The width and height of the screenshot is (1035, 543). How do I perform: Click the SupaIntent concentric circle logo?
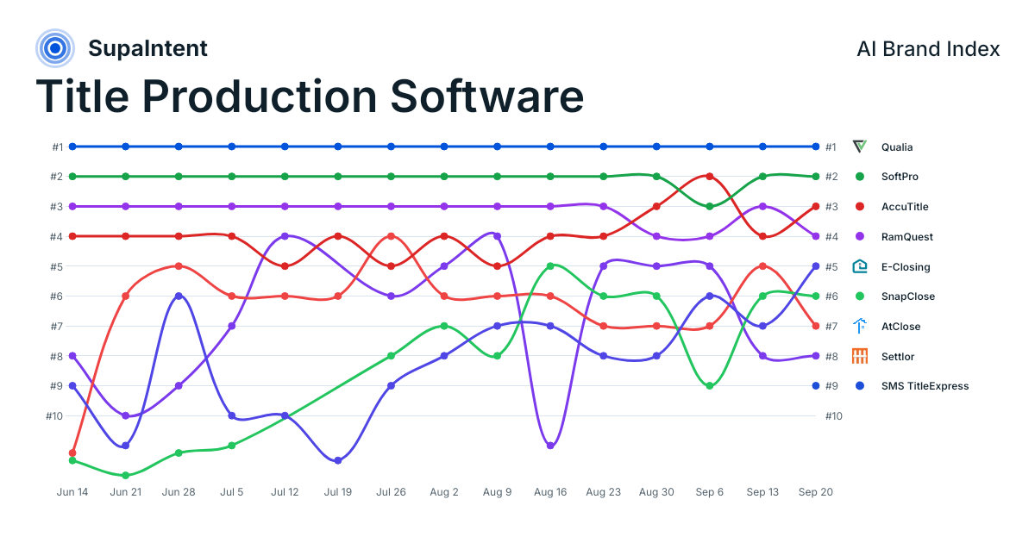point(55,48)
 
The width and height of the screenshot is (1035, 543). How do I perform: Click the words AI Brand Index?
point(928,49)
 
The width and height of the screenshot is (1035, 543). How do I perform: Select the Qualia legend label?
point(897,147)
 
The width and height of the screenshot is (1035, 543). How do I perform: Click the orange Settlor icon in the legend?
point(859,356)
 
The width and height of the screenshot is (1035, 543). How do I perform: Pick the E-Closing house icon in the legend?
point(859,266)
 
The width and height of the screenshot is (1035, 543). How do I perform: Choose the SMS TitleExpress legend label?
point(925,386)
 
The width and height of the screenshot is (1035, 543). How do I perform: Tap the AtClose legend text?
point(900,327)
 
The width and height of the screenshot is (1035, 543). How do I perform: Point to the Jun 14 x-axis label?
point(72,492)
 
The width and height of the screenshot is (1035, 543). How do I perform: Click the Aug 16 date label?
point(550,492)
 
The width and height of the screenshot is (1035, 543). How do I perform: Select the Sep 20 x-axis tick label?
point(816,492)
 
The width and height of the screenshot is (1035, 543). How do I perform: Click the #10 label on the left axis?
point(54,416)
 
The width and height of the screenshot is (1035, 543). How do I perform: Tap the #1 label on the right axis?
point(831,147)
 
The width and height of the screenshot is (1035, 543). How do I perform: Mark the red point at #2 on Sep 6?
point(710,177)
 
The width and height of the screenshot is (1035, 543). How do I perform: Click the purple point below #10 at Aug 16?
point(550,446)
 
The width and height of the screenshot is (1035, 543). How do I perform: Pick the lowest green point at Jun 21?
point(126,475)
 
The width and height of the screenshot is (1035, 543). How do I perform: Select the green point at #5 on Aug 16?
point(550,266)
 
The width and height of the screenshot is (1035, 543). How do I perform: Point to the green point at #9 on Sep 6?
point(710,385)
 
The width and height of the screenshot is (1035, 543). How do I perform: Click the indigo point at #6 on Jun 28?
point(179,296)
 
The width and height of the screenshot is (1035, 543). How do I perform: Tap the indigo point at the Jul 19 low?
point(338,460)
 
